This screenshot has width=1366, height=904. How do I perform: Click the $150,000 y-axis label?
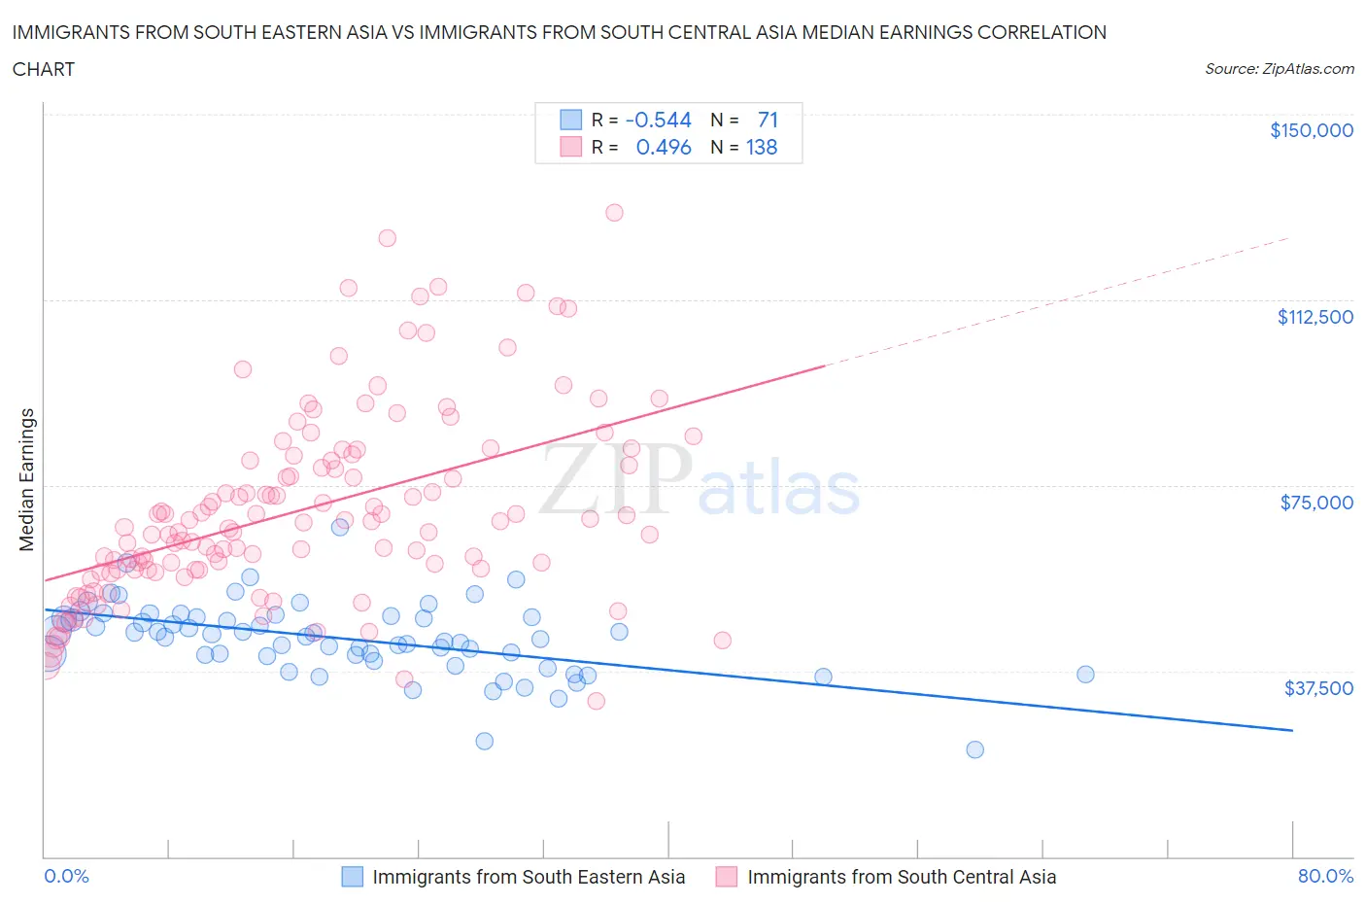1311,130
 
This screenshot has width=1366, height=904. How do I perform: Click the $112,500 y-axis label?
1315,317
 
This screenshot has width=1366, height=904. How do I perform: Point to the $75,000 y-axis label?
1316,503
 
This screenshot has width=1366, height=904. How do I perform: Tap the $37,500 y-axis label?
1317,688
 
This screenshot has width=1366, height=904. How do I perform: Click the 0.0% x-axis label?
66,876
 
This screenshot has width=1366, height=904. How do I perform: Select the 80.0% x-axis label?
1325,876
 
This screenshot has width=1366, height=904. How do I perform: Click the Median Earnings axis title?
26,479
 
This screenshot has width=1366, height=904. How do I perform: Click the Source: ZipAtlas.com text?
1279,69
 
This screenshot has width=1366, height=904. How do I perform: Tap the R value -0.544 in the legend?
658,120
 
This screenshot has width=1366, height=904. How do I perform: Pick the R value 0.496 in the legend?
663,147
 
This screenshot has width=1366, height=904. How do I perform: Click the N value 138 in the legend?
762,147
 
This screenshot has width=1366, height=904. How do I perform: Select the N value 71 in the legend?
768,120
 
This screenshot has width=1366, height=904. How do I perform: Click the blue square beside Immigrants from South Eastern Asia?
352,877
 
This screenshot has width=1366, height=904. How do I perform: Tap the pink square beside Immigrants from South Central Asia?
726,877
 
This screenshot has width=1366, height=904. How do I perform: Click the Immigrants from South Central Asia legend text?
901,877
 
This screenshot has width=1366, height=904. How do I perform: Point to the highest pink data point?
614,213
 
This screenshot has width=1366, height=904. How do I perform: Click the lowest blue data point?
974,749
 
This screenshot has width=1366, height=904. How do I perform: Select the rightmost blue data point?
1085,675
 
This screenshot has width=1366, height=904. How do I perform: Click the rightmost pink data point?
722,641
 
